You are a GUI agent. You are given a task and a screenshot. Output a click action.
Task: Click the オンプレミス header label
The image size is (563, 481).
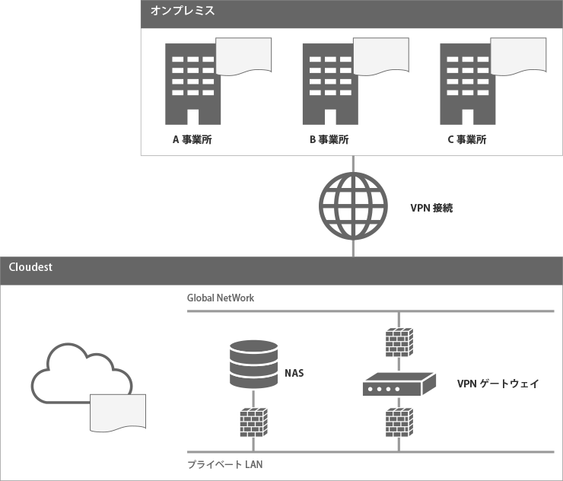(183, 11)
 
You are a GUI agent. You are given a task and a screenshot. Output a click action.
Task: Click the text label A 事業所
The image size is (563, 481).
(192, 140)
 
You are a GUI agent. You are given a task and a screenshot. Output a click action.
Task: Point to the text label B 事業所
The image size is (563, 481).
(329, 140)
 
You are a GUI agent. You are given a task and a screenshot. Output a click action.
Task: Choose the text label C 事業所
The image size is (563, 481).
(467, 140)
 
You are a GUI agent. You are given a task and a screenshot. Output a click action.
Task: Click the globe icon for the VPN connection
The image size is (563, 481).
(352, 205)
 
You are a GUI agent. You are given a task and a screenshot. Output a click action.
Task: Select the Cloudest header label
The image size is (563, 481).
(30, 268)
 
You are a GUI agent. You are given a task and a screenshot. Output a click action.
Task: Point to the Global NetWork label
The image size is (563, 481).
(221, 298)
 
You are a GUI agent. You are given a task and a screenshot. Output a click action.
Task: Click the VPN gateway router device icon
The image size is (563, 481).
(398, 384)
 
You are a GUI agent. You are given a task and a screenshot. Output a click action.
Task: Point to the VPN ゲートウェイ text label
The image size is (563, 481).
(498, 384)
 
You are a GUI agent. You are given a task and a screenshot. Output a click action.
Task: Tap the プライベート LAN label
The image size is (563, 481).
(224, 464)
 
